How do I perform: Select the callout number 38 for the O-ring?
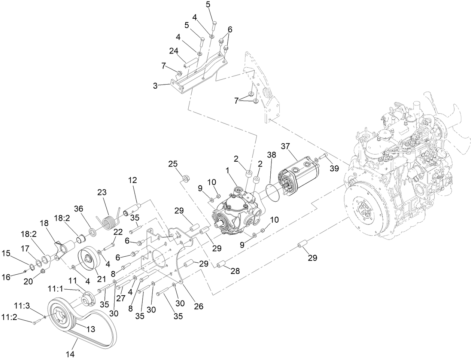coord(271,155)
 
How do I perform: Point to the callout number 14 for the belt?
coord(70,353)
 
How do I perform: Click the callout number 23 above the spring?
coord(102,193)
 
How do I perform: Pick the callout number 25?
coord(173,164)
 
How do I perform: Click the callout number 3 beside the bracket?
coord(155,86)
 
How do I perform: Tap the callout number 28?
coord(235,271)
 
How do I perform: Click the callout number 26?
coord(198,306)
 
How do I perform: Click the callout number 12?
coord(132,180)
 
